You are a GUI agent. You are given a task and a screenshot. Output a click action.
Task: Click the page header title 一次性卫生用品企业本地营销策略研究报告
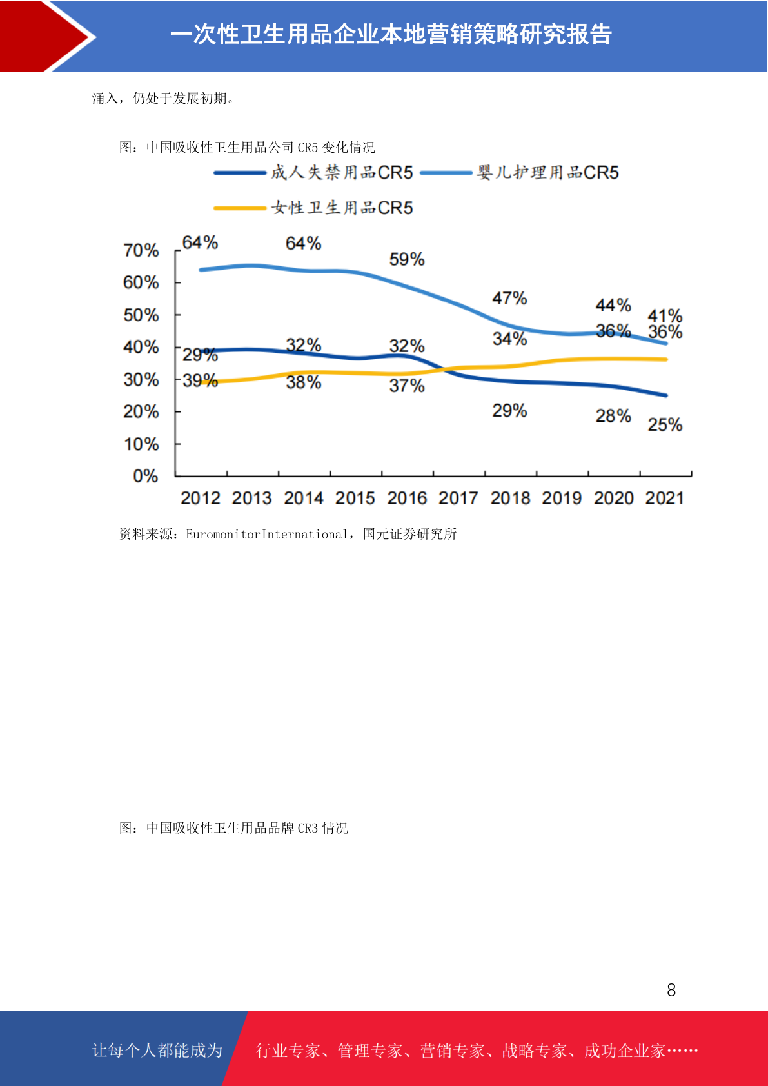tap(391, 35)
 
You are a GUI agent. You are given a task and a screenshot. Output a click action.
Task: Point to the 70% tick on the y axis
tap(141, 250)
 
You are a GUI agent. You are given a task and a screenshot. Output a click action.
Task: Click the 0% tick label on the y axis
tap(146, 476)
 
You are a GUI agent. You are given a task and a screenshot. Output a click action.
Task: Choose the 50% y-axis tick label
tap(141, 315)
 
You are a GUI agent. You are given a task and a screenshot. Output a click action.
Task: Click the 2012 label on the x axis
tap(200, 498)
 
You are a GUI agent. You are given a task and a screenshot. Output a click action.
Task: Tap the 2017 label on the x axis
tap(458, 498)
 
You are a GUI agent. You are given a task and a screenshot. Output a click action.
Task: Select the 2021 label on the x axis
tap(665, 498)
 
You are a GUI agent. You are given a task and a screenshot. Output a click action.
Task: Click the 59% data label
tap(407, 259)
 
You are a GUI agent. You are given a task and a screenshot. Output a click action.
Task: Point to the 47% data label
tap(509, 298)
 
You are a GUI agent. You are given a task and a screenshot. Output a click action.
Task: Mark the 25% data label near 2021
tap(665, 424)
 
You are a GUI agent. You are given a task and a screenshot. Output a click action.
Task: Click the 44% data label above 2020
tap(613, 304)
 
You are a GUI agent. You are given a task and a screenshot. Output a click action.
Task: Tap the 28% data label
tap(613, 415)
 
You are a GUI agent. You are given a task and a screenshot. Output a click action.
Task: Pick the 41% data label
tap(665, 315)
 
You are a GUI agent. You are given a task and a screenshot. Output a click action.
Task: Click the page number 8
tap(671, 990)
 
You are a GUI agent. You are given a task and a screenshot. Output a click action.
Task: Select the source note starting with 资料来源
tap(288, 534)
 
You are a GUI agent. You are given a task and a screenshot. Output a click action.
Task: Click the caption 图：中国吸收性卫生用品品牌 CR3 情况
tap(233, 828)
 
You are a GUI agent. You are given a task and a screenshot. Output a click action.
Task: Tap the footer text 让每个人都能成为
tap(157, 1051)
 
